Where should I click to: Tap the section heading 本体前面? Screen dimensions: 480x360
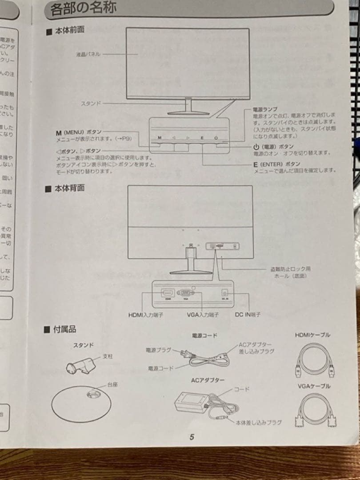68,31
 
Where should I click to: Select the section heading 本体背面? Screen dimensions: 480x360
69,188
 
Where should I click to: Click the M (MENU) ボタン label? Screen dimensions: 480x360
79,132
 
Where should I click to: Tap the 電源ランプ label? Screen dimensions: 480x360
265,109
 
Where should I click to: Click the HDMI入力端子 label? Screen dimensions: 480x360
146,315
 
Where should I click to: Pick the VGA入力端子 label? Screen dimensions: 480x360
203,315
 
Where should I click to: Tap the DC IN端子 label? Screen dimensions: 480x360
248,315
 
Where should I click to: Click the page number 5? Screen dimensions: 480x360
192,437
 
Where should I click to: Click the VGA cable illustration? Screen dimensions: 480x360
315,410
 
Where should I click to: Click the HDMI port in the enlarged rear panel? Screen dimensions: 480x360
168,293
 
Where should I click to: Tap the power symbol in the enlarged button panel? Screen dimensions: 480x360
216,138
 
